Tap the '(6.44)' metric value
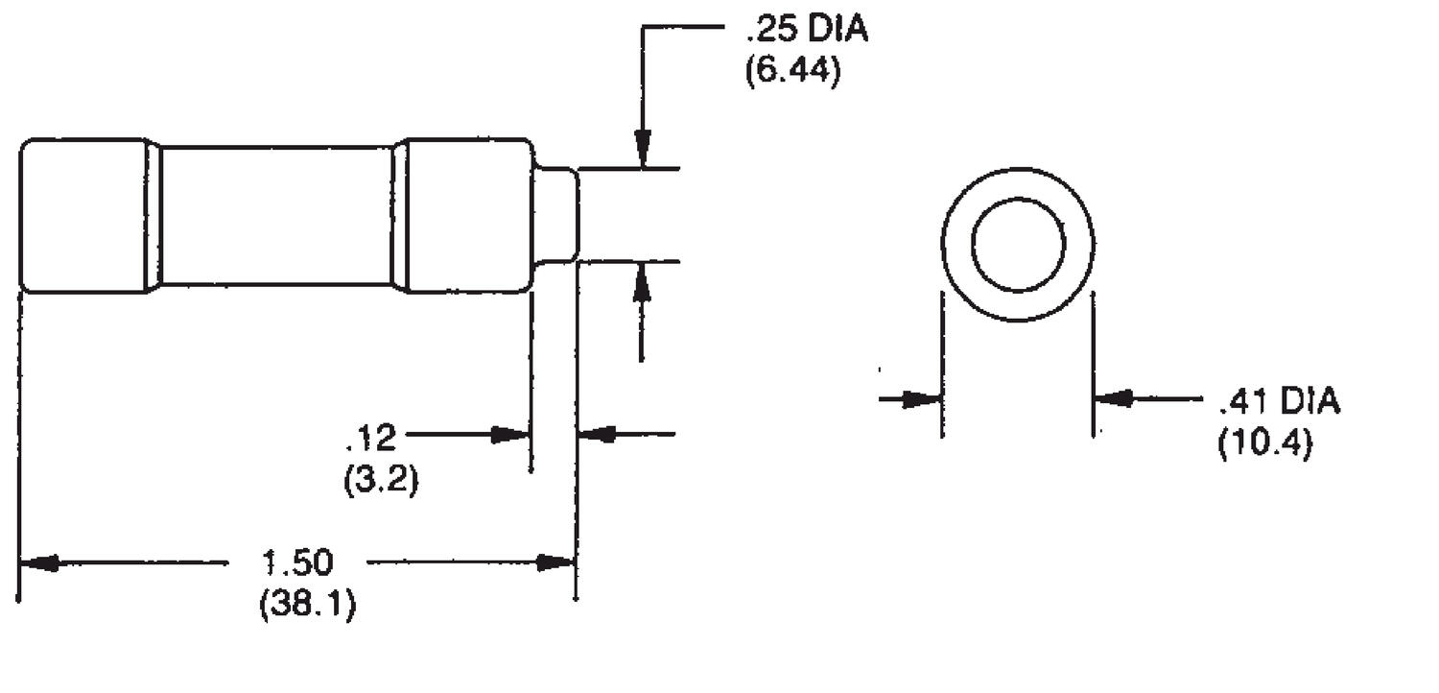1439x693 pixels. (792, 72)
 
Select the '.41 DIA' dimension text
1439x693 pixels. (1279, 400)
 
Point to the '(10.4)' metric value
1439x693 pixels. (1264, 443)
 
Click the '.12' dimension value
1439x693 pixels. (371, 438)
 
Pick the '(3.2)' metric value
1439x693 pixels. (381, 478)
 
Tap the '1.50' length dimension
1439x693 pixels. (297, 562)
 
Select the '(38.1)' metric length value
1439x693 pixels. (307, 606)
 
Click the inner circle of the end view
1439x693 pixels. (1018, 245)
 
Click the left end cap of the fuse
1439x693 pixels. (85, 215)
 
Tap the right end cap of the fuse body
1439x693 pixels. (465, 215)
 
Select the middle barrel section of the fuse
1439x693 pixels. (276, 215)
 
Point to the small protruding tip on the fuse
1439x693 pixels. (556, 214)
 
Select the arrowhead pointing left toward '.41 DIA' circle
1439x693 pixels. (1113, 397)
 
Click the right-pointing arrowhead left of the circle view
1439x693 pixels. (924, 398)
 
